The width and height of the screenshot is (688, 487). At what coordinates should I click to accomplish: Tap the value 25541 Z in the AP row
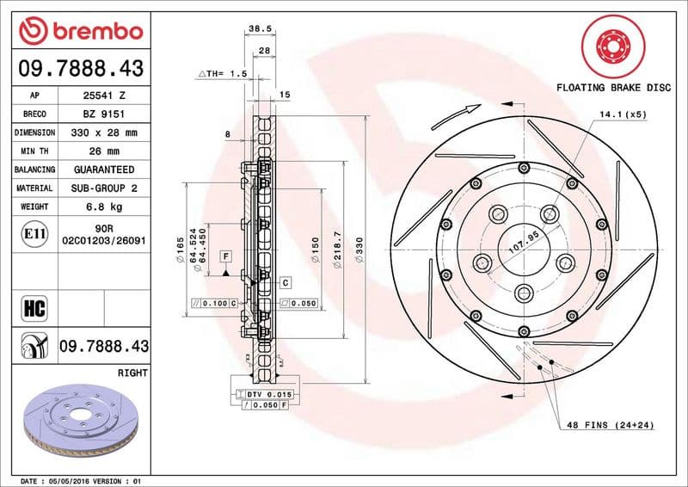tap(103, 96)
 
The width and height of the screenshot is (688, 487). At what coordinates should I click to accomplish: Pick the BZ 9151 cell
tap(103, 114)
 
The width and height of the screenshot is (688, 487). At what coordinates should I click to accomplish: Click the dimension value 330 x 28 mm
tap(103, 133)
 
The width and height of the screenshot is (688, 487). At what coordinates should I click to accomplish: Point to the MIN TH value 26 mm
tap(103, 151)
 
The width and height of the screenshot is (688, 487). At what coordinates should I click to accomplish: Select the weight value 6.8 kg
tap(103, 207)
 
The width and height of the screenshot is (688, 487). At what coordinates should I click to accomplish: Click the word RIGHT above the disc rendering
tap(132, 373)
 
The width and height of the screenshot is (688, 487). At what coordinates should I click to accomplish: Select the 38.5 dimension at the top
tap(260, 28)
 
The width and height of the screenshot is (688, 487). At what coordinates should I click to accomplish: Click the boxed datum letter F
tap(226, 256)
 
